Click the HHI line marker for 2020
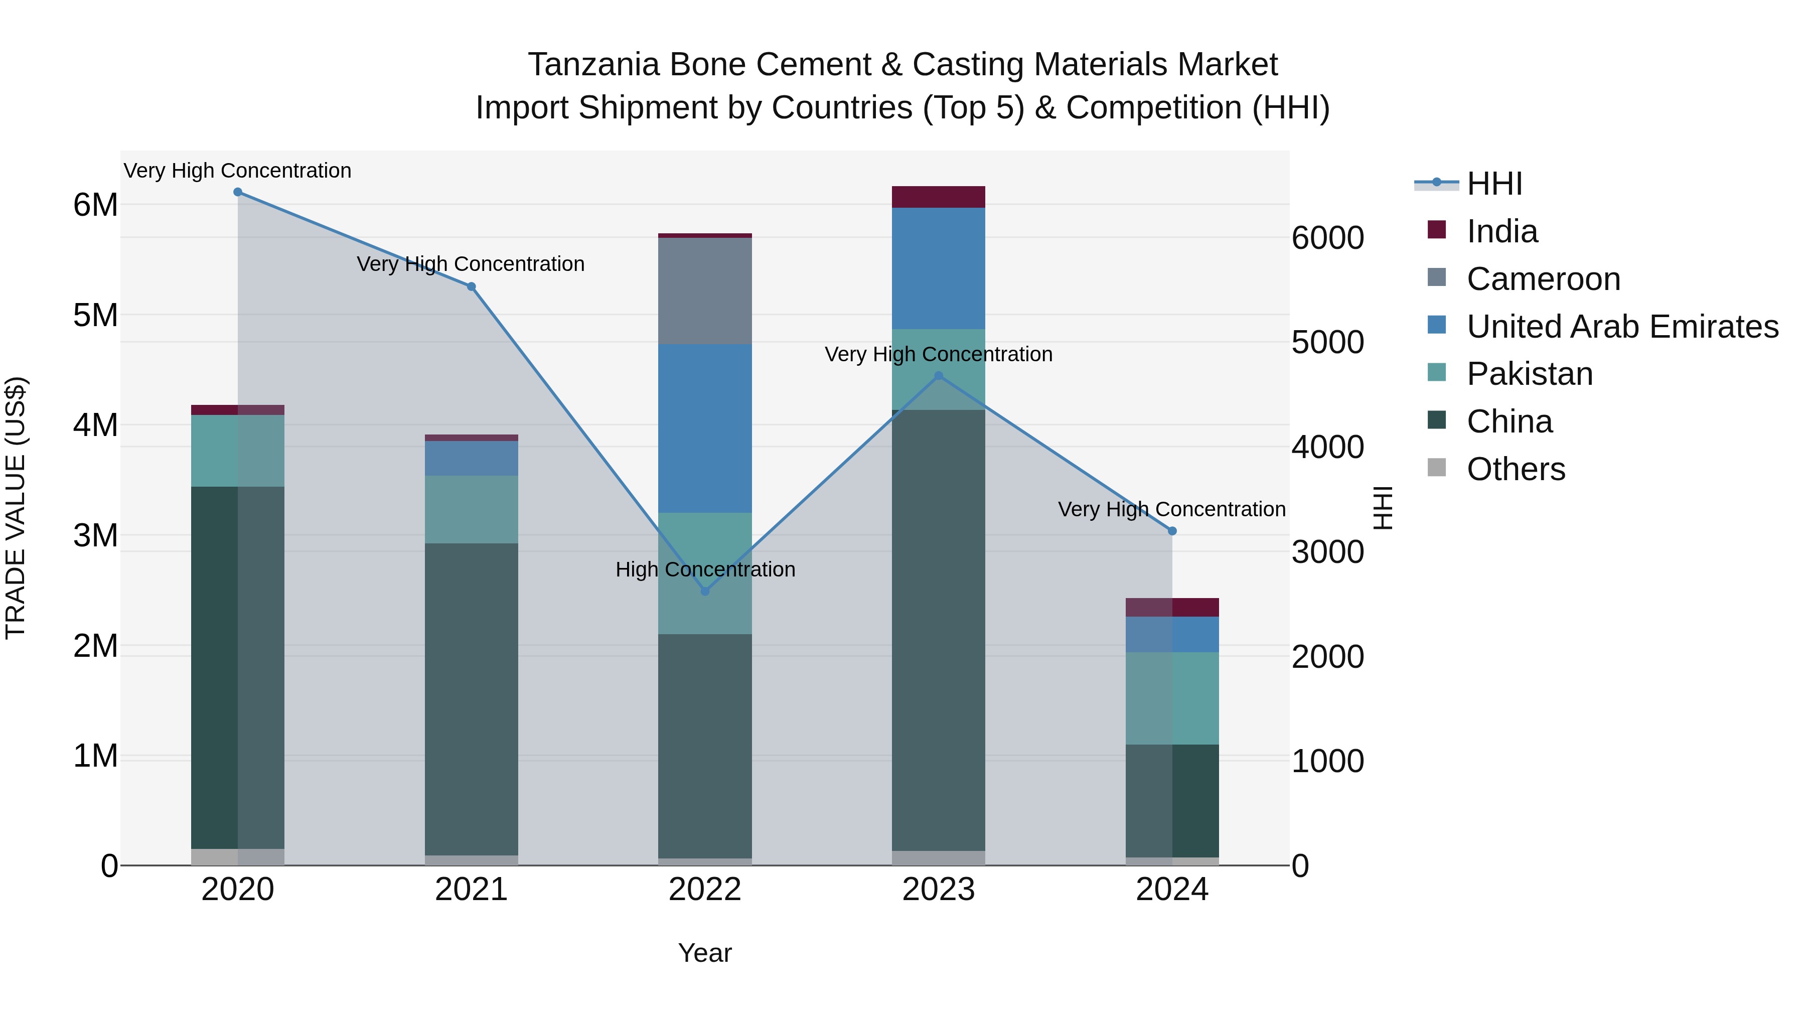point(238,192)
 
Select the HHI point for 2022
point(705,591)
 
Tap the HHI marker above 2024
point(1172,531)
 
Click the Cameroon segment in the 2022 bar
point(705,291)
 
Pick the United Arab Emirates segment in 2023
point(939,268)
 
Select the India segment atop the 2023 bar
point(939,197)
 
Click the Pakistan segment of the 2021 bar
point(471,510)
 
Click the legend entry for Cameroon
point(1543,279)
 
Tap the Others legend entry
point(1516,469)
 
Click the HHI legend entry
point(1494,184)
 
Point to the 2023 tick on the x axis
point(939,890)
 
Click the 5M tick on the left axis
point(96,316)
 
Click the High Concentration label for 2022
point(705,569)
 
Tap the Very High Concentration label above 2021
point(471,264)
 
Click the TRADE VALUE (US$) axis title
point(16,508)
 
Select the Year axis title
point(705,953)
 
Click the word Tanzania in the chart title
point(594,65)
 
